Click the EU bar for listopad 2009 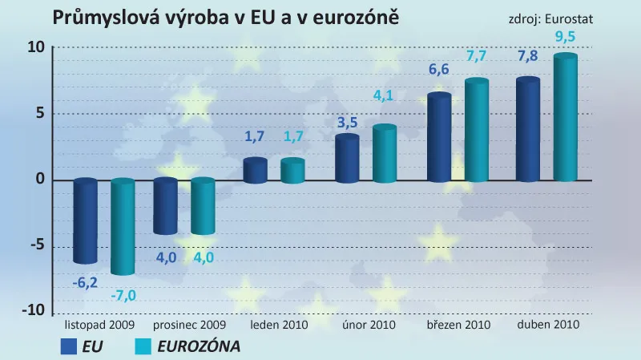(85, 220)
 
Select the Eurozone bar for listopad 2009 (123, 226)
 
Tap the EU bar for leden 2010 (255, 170)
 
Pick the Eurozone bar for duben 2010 (566, 119)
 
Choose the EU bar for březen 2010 (439, 138)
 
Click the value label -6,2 (85, 281)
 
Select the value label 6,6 (439, 70)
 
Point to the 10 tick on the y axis (35, 47)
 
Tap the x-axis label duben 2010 (548, 326)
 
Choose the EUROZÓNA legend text (199, 346)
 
